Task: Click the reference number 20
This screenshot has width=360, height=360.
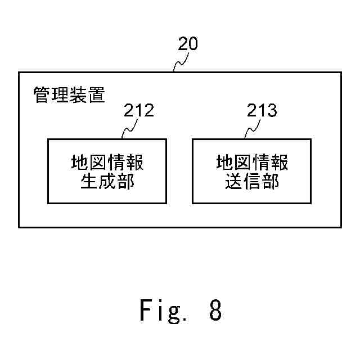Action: coord(188,44)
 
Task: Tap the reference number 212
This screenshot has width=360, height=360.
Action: coord(138,110)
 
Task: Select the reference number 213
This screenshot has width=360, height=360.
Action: coord(262,110)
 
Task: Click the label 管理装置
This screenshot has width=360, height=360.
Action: coord(69,95)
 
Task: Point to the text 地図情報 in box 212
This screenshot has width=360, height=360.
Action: coord(107,163)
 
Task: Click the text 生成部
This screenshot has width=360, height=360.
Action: coord(107,182)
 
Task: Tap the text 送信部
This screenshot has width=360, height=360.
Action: coord(253,182)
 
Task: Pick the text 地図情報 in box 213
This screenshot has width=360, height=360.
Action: coord(253,163)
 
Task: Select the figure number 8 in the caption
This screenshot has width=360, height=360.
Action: coord(215,310)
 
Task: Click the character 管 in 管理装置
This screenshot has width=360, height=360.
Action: coord(42,95)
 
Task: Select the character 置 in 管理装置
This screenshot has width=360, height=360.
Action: coord(96,95)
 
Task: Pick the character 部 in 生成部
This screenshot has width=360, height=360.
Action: coord(125,182)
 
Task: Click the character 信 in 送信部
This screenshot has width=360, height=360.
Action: coord(253,182)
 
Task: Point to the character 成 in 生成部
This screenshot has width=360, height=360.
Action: coord(107,182)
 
